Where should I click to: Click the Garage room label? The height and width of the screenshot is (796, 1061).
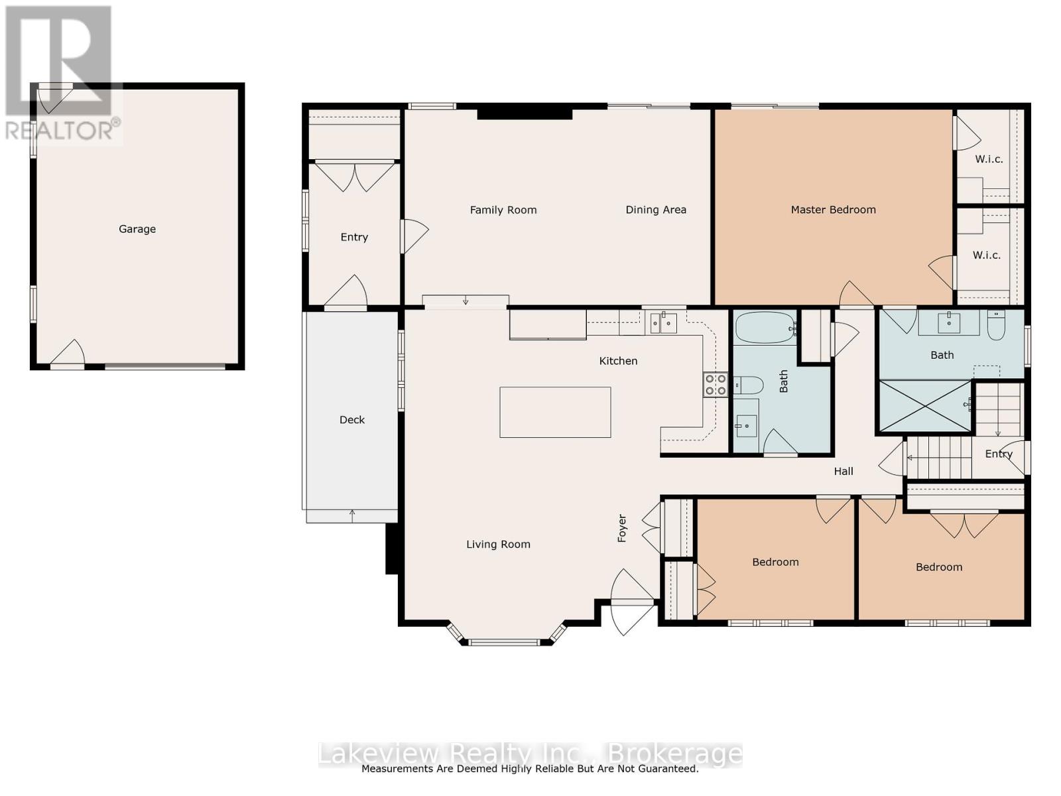coord(137,229)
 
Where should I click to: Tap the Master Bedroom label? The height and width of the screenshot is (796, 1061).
coord(833,210)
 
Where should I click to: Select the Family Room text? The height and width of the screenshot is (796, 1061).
coord(503,210)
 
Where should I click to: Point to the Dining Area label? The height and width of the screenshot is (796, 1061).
coord(655,210)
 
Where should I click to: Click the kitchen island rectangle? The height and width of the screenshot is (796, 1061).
coord(555,412)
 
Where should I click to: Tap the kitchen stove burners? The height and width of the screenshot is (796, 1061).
coord(716,385)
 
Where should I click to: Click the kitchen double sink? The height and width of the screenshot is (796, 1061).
coord(663,322)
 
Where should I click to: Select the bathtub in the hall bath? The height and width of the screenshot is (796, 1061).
coord(765,328)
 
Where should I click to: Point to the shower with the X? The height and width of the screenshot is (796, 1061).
coord(924,405)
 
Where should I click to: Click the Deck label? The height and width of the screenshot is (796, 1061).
coord(352,420)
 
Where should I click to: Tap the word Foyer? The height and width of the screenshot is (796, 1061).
coord(622,528)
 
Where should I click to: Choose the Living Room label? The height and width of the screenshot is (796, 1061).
coord(498,545)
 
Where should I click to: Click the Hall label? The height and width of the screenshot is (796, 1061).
coord(843,471)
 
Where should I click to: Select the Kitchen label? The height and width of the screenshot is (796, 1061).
coord(618,361)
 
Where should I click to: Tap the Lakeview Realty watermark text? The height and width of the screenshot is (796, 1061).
coord(530,754)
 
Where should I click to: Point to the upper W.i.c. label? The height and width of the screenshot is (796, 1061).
coord(989,159)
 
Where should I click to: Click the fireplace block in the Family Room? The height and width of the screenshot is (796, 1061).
coord(525,115)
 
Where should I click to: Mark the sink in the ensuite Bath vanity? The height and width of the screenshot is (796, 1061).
coord(949,322)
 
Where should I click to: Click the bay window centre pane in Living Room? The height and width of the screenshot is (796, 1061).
coord(503,642)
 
